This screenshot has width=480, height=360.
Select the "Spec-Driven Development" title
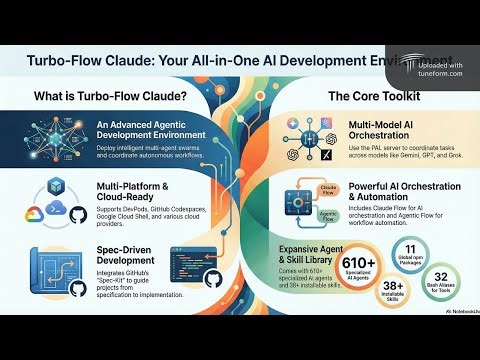123,254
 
